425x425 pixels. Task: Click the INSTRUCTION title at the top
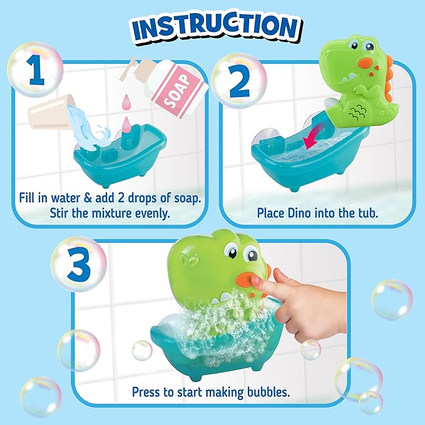(212, 26)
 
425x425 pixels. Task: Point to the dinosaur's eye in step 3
(250, 255)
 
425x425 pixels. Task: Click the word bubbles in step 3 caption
(271, 392)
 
